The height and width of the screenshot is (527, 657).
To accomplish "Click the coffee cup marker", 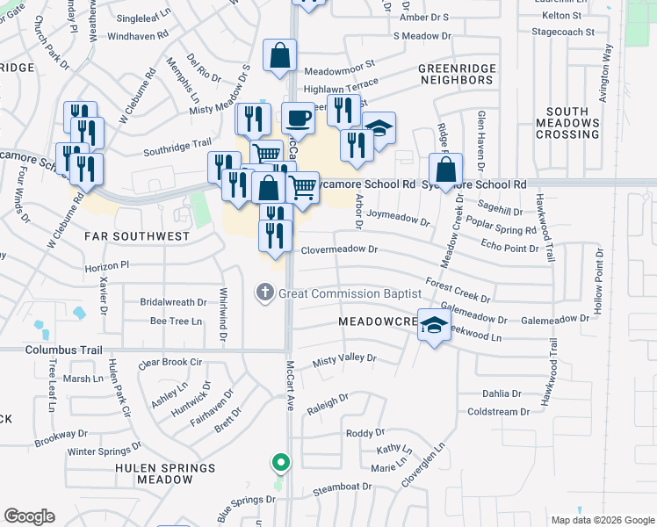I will point(298,118).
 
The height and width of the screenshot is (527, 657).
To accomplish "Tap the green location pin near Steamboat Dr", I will point(280,461).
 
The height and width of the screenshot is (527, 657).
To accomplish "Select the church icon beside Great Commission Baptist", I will point(265,292).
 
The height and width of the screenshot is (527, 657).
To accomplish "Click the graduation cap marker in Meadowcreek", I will point(434,326).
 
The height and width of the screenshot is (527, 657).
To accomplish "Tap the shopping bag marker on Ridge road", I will point(445,169).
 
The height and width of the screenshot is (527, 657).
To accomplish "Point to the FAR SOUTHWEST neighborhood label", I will point(136,236).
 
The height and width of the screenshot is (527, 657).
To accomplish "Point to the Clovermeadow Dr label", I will point(339,249).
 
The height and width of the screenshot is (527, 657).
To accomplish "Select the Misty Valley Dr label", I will point(344,358).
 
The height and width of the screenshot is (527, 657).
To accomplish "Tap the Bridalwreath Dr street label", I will point(173,301).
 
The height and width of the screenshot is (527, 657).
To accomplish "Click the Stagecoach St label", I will point(569,32).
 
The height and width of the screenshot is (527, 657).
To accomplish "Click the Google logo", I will point(30,516).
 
